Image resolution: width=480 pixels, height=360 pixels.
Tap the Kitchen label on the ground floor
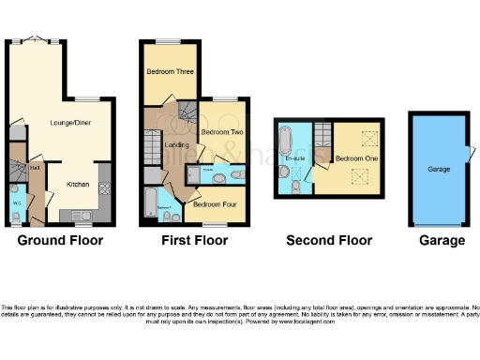(79, 185)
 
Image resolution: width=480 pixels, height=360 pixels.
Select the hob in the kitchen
(104, 187)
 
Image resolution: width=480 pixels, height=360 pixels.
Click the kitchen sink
(79, 216)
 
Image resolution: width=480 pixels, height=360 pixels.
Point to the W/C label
(17, 202)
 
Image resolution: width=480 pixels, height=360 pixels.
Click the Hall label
(34, 168)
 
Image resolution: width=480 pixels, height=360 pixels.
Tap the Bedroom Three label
(169, 70)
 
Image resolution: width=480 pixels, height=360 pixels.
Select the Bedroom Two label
(217, 133)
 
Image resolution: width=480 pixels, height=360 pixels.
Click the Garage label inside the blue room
(441, 171)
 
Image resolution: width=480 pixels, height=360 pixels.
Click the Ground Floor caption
(60, 240)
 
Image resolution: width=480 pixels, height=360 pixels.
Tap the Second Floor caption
(329, 240)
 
